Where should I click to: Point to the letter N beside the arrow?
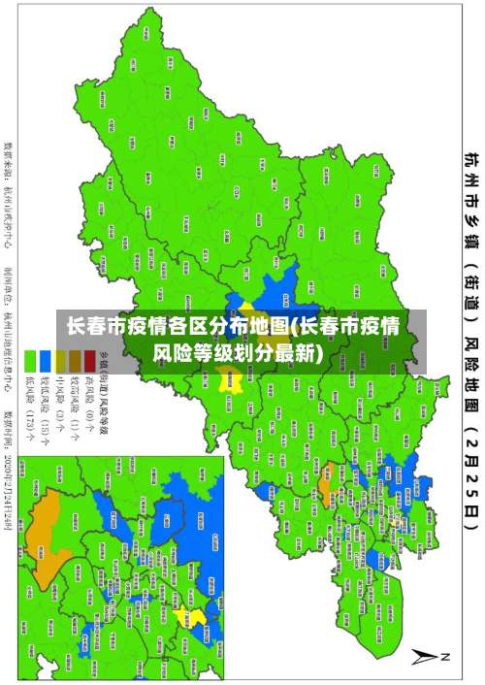(x=447, y=657)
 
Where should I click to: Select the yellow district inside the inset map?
(x=197, y=617)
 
